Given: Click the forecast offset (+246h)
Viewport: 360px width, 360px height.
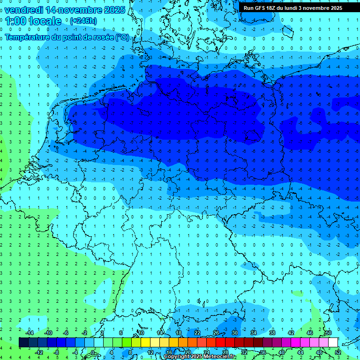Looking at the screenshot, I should [83, 21].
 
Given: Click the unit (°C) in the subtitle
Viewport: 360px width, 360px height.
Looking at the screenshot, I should [122, 37].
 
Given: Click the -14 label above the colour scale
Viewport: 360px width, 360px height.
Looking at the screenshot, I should [30, 333].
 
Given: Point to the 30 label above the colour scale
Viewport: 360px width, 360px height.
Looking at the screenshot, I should [235, 333].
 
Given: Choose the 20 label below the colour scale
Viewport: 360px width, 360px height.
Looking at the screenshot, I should [188, 352].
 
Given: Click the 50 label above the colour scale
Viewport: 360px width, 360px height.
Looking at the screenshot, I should [328, 333].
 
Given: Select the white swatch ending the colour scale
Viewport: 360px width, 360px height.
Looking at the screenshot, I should [333, 342].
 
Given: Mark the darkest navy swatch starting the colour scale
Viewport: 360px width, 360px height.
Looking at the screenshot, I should [23, 342].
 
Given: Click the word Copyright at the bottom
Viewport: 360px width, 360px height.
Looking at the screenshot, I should [177, 357].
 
